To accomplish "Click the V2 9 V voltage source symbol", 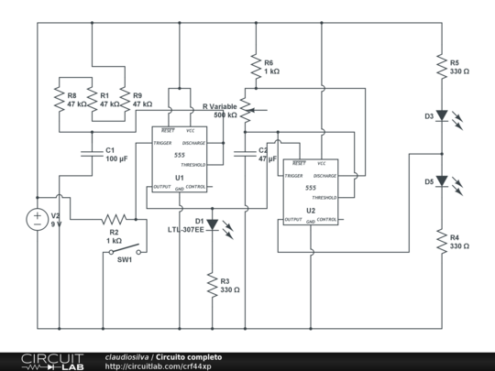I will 38,219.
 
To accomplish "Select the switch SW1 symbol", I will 125,249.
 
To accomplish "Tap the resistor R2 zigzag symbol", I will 115,220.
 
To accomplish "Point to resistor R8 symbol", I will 59,100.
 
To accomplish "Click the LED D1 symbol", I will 212,224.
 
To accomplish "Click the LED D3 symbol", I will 442,116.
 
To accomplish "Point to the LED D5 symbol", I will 442,181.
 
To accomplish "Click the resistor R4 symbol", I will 442,244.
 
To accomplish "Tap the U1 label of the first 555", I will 180,177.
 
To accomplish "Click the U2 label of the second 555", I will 311,211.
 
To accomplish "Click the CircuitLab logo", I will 52,360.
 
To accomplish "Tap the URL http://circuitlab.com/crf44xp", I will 158,366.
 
